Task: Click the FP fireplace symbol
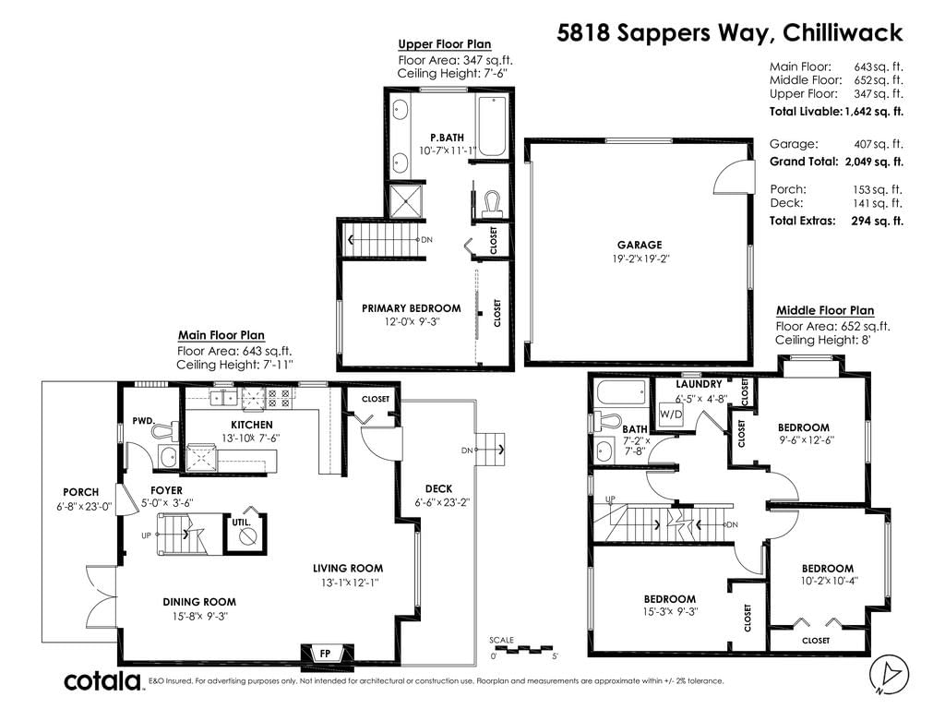point(325,654)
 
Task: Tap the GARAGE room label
point(640,245)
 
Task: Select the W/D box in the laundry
point(671,415)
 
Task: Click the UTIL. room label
point(241,523)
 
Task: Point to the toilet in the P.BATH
point(493,203)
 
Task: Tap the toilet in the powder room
point(164,430)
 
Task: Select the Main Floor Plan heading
point(221,336)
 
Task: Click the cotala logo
point(102,681)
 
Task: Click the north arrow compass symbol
point(890,673)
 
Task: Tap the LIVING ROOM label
point(348,568)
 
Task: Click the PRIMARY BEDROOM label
point(411,308)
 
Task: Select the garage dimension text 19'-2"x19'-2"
point(640,258)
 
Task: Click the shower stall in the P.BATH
point(406,200)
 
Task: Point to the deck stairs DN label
point(467,450)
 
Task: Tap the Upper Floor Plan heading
point(445,44)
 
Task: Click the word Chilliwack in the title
point(843,32)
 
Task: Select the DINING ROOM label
point(199,602)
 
